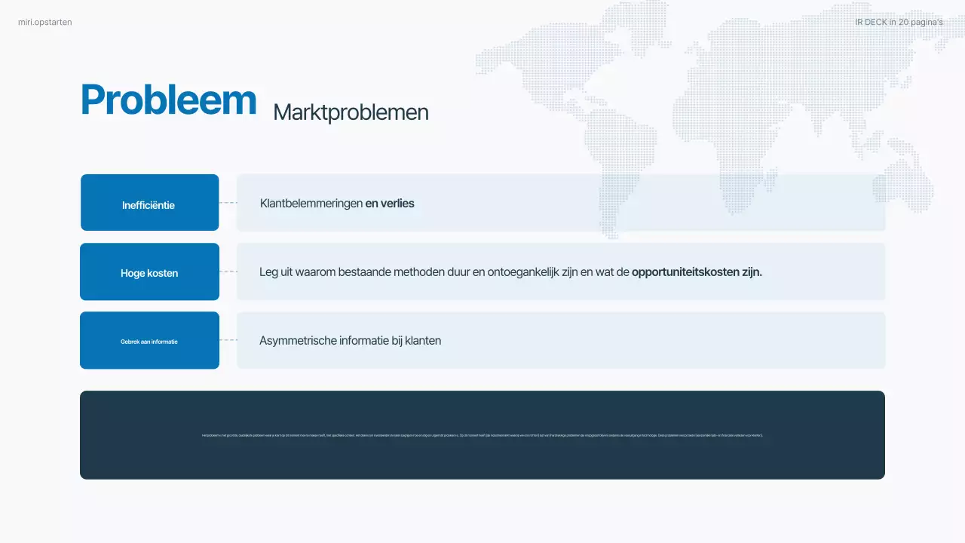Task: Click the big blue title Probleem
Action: coord(168,100)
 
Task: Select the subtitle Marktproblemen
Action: coord(351,112)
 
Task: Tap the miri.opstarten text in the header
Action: coord(45,23)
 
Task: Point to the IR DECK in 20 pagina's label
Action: coord(899,23)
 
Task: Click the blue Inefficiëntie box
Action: coord(149,203)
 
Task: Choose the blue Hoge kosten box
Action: coord(149,272)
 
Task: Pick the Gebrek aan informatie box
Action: coord(149,341)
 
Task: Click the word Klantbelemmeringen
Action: coord(311,204)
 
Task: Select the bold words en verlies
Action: coord(390,204)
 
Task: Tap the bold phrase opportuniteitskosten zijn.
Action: coord(697,272)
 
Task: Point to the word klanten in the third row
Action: coord(423,341)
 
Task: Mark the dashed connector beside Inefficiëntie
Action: coord(228,203)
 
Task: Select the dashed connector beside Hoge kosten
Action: coord(228,271)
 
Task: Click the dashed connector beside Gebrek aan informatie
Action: coord(228,340)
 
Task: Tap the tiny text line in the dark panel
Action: coord(482,435)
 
